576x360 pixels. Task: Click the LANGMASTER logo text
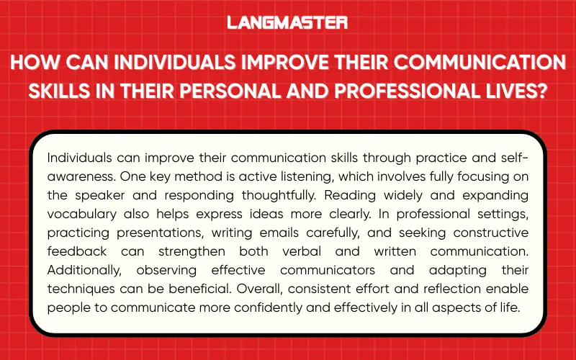pyautogui.click(x=287, y=22)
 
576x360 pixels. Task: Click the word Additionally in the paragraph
pyautogui.click(x=81, y=270)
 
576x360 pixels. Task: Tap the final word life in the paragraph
pyautogui.click(x=520, y=307)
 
